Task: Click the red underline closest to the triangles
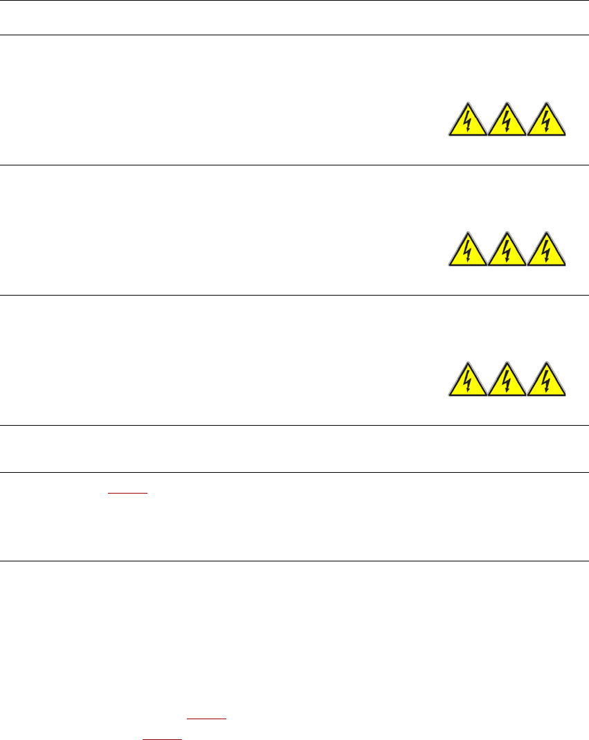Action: click(x=128, y=492)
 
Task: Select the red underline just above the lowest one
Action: click(x=207, y=719)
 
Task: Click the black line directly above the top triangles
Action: click(x=294, y=35)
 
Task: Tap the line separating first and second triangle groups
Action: click(x=294, y=165)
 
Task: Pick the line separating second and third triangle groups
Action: click(x=294, y=295)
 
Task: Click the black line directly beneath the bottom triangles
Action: click(x=294, y=425)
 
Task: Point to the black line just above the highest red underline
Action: click(x=294, y=473)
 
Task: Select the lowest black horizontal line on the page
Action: click(x=294, y=561)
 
